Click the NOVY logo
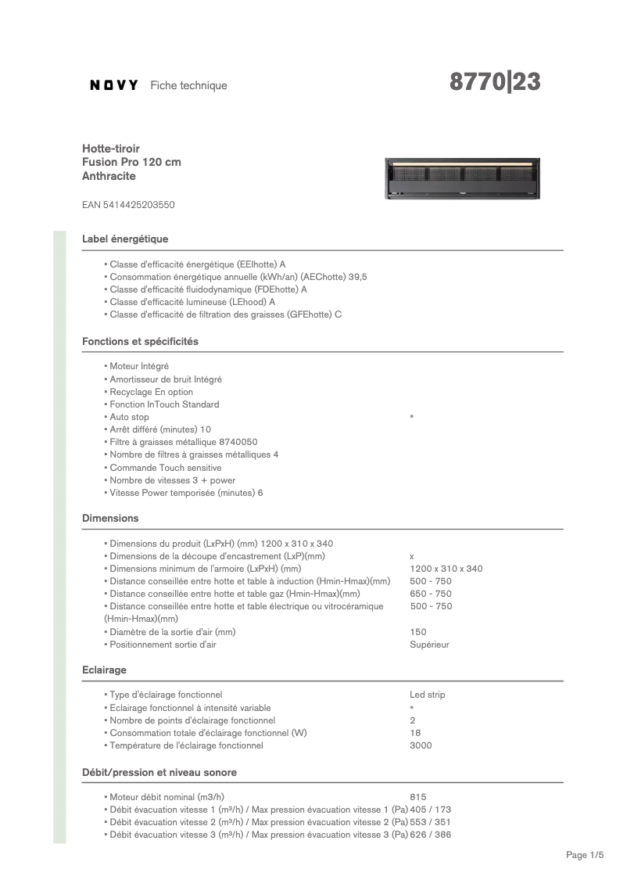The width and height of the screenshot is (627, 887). tap(114, 85)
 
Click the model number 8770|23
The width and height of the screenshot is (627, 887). tap(495, 82)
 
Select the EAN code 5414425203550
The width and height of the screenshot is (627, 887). tap(128, 205)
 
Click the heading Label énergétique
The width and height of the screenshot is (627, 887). tap(125, 239)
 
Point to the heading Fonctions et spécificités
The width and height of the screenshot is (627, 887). tap(140, 341)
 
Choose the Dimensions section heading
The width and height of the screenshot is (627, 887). tap(110, 518)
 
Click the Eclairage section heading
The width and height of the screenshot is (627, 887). tap(104, 670)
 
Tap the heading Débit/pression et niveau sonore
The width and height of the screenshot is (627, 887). tap(159, 772)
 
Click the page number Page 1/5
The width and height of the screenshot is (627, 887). tap(585, 856)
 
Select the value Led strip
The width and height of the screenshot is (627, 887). tap(427, 695)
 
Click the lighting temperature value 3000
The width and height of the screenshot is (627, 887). tap(421, 745)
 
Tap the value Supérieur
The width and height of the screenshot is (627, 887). tap(429, 645)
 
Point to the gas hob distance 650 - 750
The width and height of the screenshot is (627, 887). tap(431, 594)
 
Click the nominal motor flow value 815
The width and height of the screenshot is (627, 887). tap(417, 797)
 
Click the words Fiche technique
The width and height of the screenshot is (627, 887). tap(188, 85)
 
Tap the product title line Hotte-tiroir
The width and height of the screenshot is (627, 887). tap(111, 148)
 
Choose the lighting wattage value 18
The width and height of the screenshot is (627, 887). tap(415, 733)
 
